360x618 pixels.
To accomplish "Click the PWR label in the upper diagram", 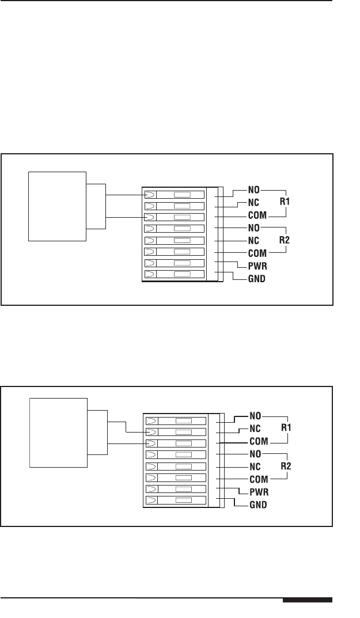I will click(257, 267).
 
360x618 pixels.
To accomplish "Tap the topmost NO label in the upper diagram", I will click(254, 189).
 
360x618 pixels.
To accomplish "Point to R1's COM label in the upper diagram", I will click(258, 215).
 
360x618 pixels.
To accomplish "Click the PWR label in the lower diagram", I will click(259, 492).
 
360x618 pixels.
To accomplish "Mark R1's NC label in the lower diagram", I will click(255, 429).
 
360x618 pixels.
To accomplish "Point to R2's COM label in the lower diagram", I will click(259, 479).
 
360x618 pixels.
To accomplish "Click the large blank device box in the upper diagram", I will click(57, 206).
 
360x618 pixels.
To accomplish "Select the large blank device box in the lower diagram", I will click(58, 432).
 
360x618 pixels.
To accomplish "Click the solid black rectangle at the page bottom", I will click(308, 601).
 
